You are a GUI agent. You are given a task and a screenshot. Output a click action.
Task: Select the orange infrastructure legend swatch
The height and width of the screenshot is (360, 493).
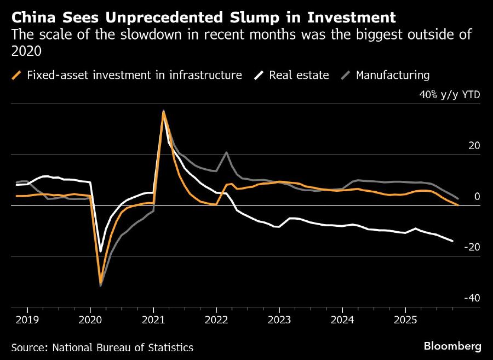[18, 75]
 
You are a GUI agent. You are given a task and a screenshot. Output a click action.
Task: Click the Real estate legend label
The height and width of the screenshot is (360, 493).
[299, 75]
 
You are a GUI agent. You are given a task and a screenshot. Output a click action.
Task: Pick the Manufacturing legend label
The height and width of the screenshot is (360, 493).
[392, 75]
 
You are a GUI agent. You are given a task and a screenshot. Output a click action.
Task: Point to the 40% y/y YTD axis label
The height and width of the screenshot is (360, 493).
[450, 95]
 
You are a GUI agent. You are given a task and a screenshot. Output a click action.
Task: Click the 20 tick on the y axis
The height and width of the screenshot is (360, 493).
[474, 146]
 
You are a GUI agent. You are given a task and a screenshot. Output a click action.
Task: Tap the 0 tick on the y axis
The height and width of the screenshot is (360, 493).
[476, 197]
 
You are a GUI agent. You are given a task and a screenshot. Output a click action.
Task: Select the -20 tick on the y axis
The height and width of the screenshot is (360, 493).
[472, 248]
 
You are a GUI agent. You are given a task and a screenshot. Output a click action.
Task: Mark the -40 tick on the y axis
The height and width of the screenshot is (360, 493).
[472, 299]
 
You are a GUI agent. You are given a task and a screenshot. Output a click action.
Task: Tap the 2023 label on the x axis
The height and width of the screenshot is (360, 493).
[279, 319]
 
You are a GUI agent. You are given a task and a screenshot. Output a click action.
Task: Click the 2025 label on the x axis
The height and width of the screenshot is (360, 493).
[405, 319]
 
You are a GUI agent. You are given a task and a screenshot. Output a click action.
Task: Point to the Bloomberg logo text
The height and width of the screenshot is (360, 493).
[452, 346]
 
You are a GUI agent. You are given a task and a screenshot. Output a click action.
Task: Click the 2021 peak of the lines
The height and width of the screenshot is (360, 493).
[163, 111]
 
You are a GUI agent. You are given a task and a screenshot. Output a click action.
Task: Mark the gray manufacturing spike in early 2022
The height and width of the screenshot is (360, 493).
[226, 152]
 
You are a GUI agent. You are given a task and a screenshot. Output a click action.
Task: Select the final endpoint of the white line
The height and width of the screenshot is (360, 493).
[452, 241]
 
